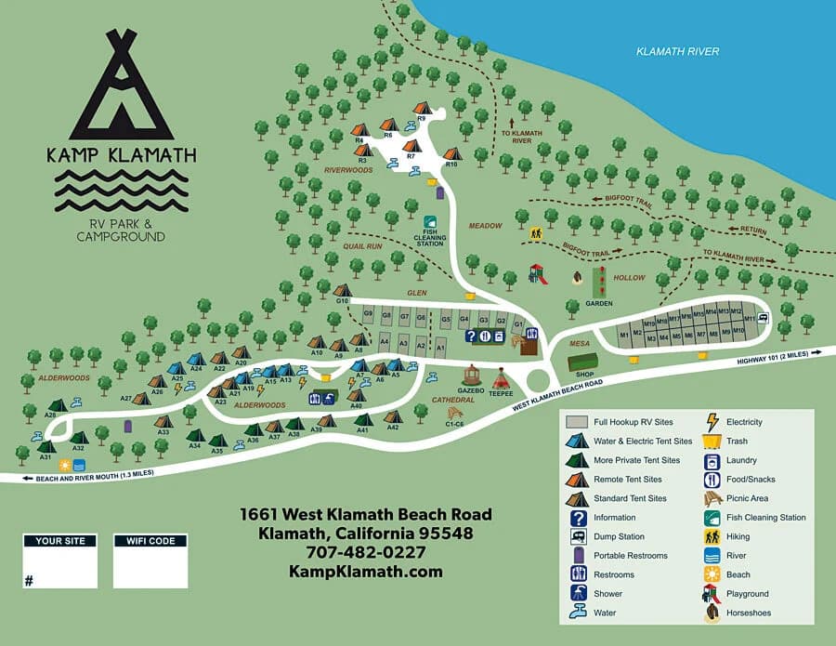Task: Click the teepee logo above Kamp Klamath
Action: click(x=121, y=84)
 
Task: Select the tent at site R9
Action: click(x=422, y=109)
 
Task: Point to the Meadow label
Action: click(x=484, y=226)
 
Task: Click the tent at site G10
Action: click(x=343, y=291)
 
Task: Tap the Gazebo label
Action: click(x=472, y=390)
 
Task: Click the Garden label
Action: click(x=599, y=303)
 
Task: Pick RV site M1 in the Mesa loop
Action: click(x=625, y=335)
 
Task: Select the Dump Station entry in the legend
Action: click(x=618, y=536)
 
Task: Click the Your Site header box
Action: click(x=60, y=541)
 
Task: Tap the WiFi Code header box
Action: click(x=150, y=541)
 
